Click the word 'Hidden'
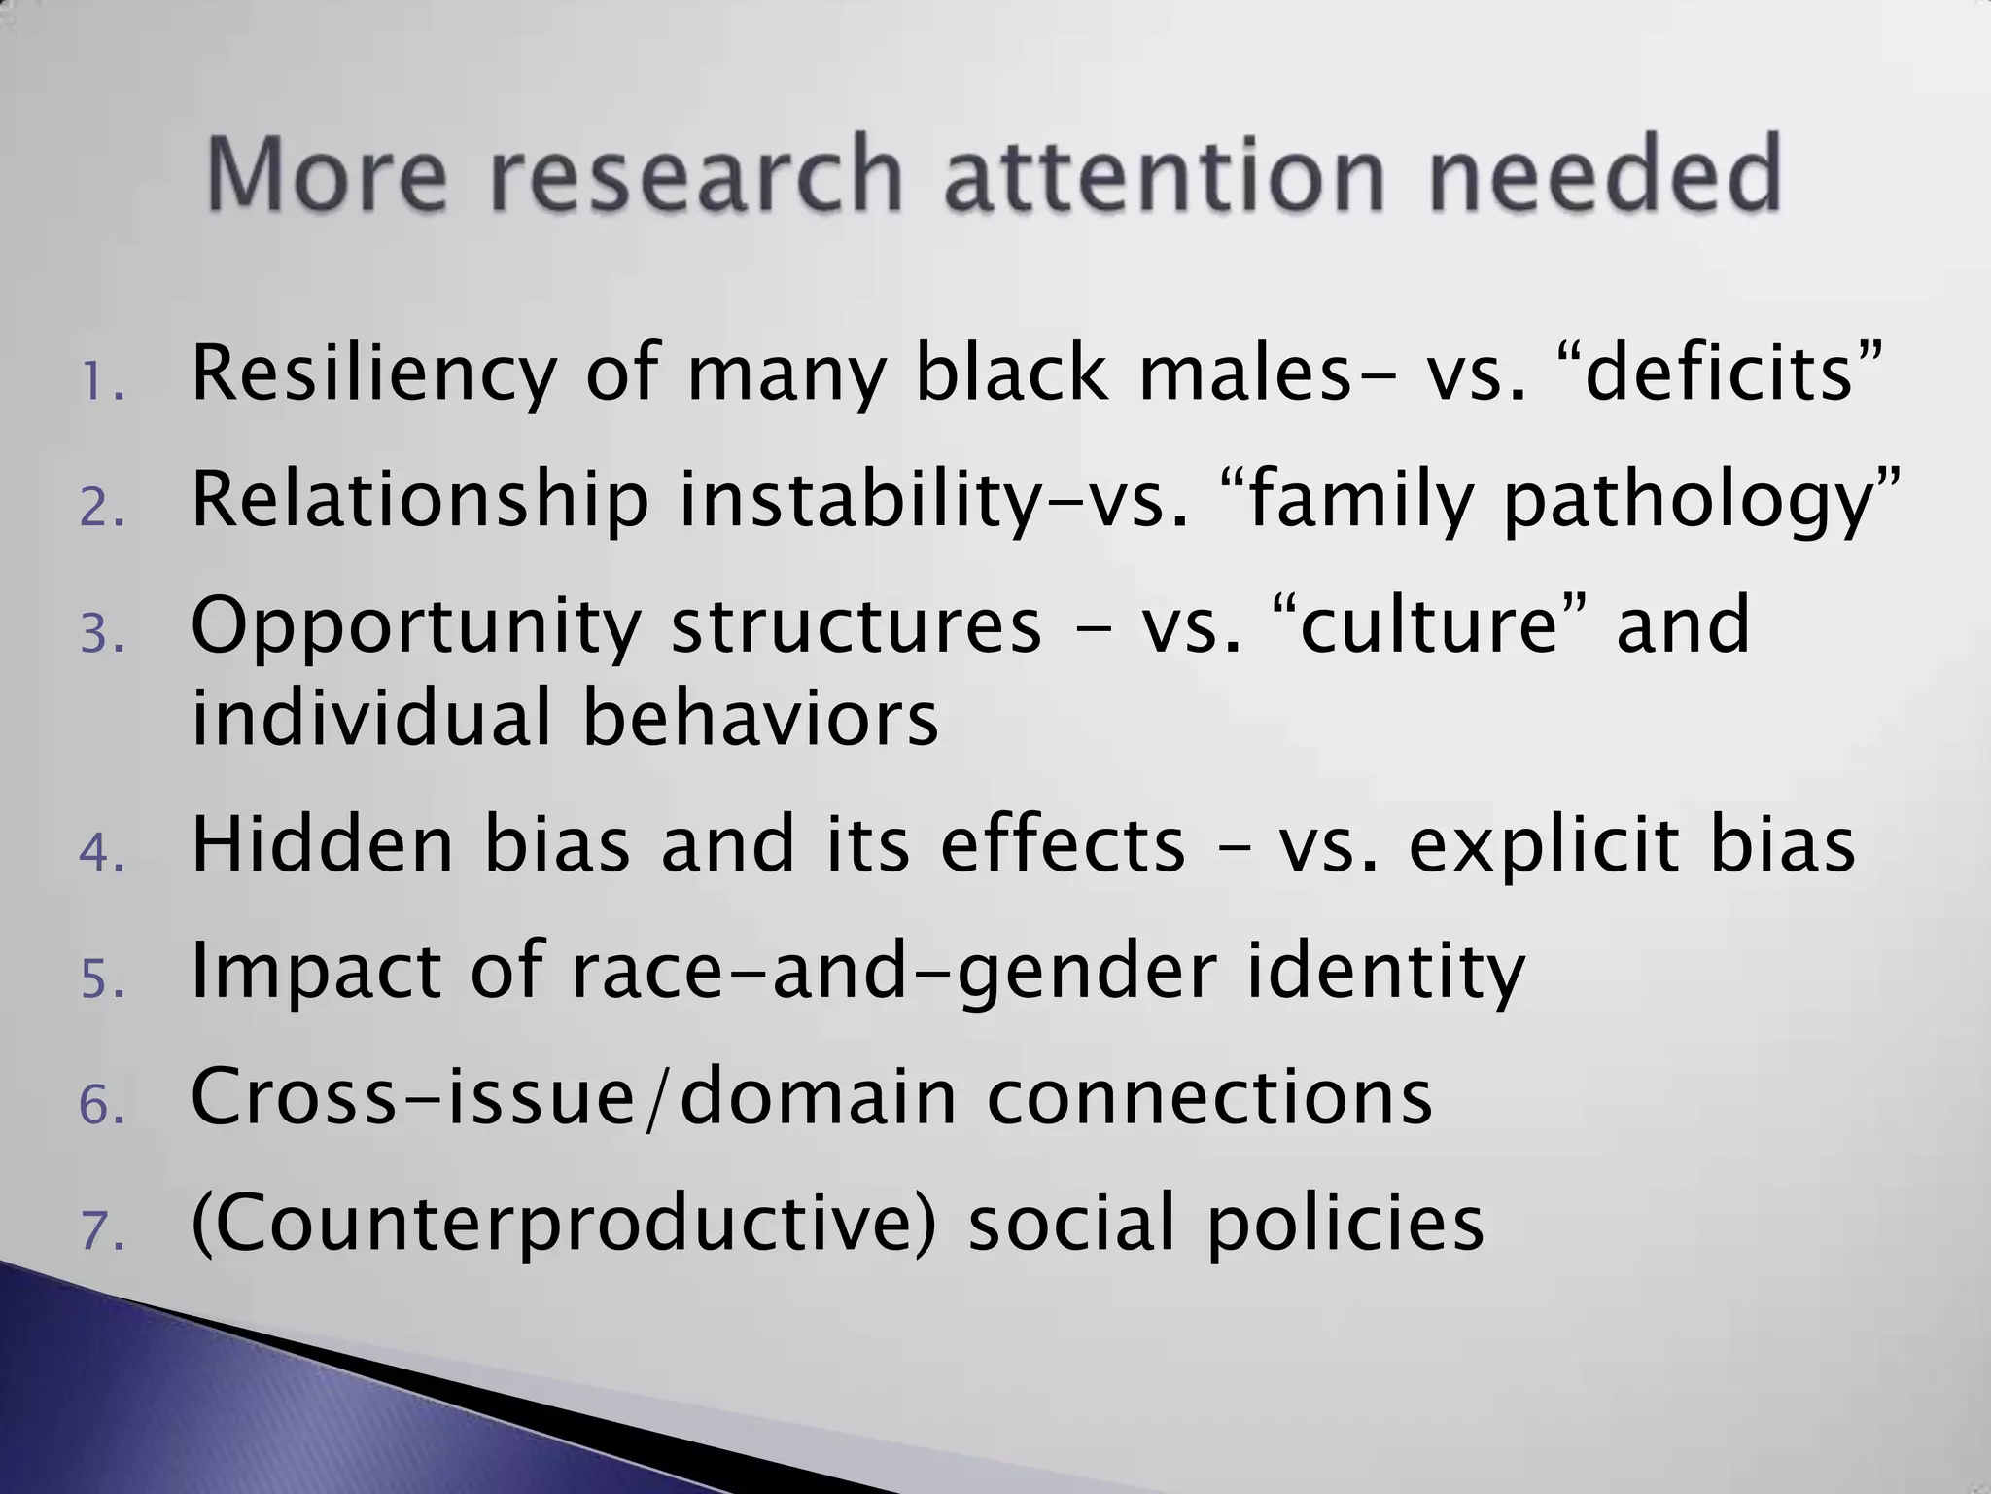tap(322, 843)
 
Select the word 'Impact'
tap(316, 972)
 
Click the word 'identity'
tap(1385, 972)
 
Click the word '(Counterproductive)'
tap(565, 1224)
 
